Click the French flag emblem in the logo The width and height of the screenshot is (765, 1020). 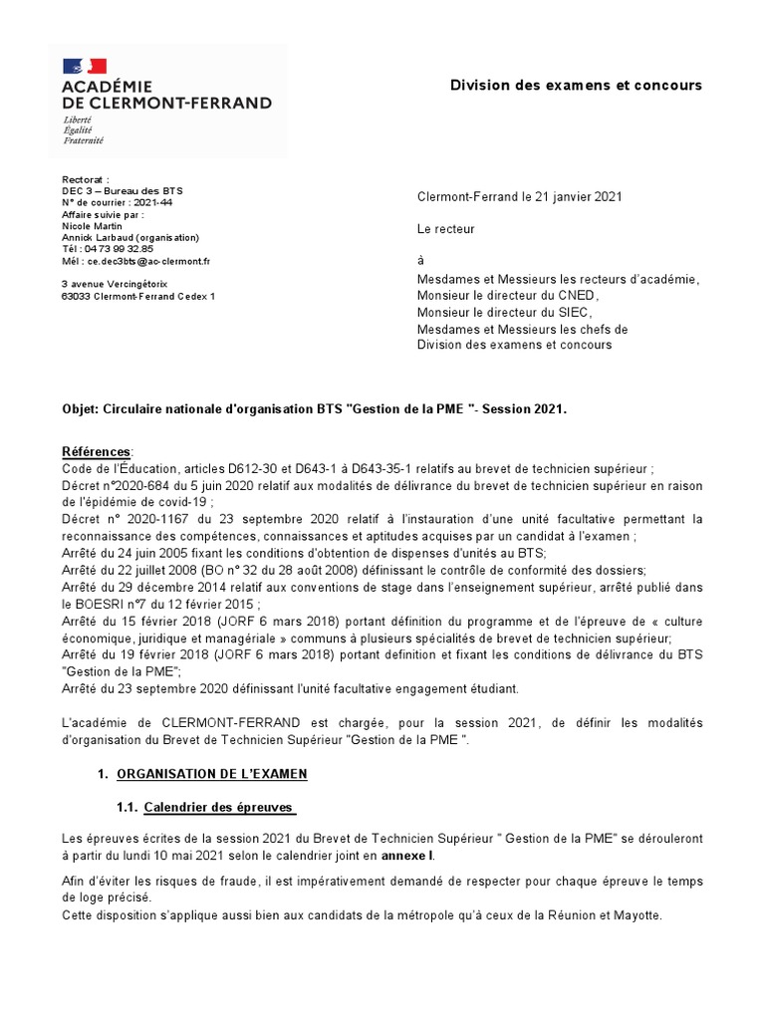click(84, 67)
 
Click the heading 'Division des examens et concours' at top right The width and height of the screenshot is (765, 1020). click(576, 85)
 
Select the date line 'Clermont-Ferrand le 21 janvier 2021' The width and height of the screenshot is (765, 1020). click(519, 197)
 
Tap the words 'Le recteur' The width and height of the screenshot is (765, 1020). click(446, 229)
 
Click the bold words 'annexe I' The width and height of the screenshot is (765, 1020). click(408, 856)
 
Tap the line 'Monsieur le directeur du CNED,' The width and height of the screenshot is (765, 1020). click(509, 296)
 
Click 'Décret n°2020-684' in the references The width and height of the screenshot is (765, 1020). click(111, 485)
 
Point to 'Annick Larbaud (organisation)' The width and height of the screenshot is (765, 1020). click(129, 238)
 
